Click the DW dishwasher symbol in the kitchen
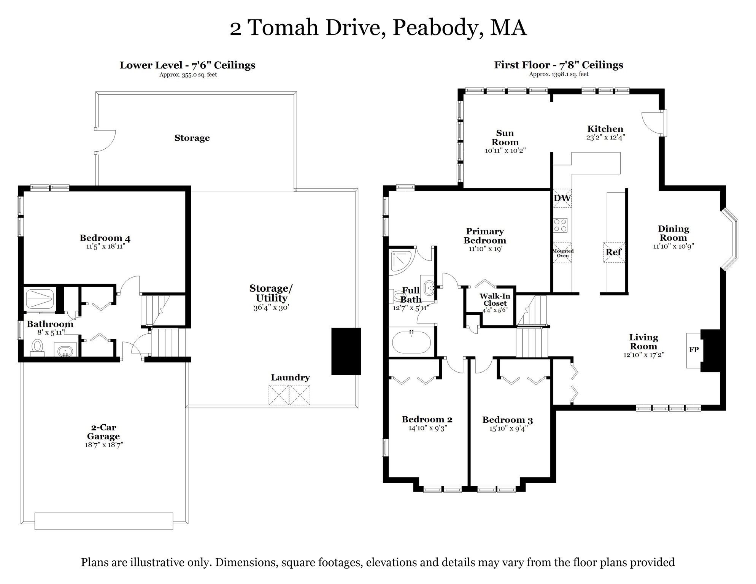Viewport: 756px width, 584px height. pos(562,198)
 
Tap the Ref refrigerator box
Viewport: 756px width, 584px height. pos(614,252)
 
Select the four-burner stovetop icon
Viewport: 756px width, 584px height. pos(560,225)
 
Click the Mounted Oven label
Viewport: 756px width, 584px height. pos(562,253)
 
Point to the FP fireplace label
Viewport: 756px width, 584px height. pos(694,350)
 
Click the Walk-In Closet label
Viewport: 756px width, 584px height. pos(495,300)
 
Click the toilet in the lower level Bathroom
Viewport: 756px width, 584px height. pos(37,347)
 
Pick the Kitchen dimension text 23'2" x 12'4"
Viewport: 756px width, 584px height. pos(605,138)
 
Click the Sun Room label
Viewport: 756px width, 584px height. pos(505,138)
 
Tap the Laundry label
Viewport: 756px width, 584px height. pos(290,378)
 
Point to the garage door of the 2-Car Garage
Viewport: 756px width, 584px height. pos(104,521)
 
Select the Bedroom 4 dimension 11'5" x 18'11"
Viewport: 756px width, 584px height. pos(105,246)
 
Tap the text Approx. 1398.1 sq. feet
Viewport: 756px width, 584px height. pos(559,74)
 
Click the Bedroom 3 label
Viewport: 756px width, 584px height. pos(507,420)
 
